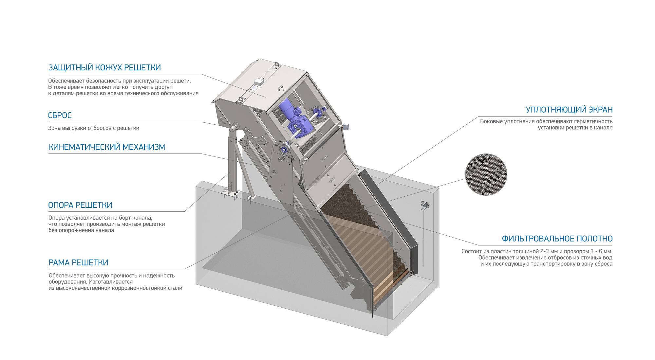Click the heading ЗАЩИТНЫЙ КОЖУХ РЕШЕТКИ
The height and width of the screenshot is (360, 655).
click(x=104, y=68)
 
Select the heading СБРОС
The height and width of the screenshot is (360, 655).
click(x=60, y=116)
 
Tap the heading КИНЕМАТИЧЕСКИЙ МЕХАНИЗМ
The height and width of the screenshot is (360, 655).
click(x=106, y=147)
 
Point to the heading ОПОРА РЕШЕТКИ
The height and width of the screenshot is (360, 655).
click(x=80, y=205)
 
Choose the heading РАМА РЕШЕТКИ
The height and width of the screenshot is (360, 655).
click(x=78, y=262)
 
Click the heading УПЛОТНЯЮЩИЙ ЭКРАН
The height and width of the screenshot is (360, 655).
click(x=569, y=110)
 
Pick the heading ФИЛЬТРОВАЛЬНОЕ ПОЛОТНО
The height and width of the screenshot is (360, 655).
click(x=557, y=239)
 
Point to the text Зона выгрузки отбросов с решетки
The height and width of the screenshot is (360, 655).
click(x=94, y=128)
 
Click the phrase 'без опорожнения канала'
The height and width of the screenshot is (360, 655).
click(x=81, y=230)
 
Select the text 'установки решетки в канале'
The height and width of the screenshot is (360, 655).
click(x=575, y=127)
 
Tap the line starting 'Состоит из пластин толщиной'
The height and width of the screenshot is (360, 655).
click(x=537, y=251)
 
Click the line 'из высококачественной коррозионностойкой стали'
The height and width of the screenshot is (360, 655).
click(x=115, y=288)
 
